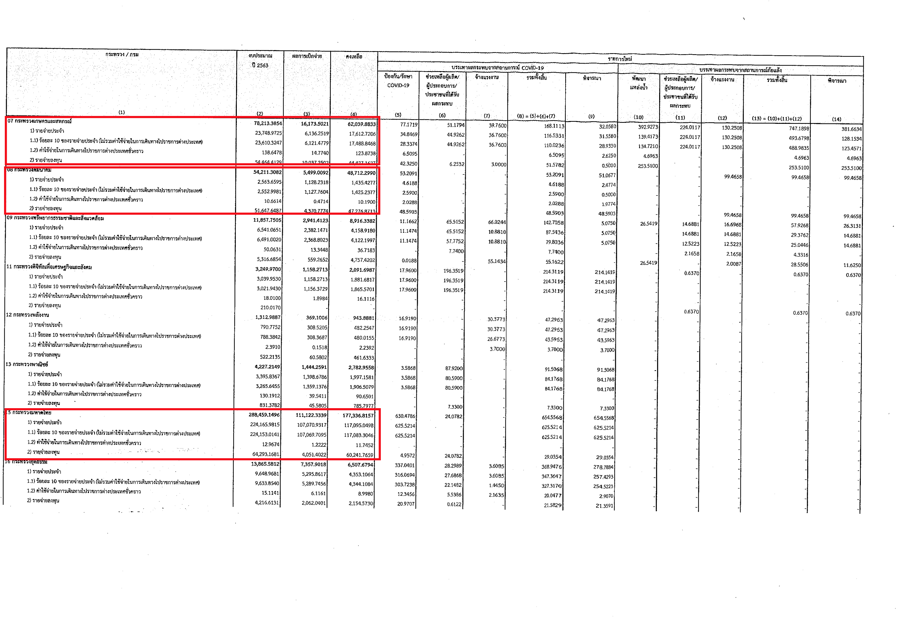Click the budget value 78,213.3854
268,124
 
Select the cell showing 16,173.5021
315,124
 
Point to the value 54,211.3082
267,172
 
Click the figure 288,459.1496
264,415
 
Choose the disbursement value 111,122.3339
311,415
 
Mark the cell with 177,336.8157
358,416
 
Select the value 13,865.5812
265,464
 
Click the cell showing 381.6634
851,129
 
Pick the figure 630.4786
405,416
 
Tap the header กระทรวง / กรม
122,54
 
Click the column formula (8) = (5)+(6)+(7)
536,116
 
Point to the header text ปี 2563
260,65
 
